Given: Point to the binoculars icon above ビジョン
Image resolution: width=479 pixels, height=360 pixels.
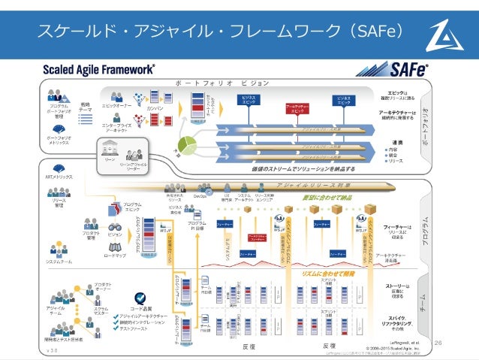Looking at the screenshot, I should tap(116, 225).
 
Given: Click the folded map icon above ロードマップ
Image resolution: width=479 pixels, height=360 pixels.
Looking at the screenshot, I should tap(115, 246).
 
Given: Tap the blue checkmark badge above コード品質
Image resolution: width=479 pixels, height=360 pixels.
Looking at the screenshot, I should tap(140, 298).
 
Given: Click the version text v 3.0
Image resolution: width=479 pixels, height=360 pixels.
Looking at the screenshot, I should tap(52, 349).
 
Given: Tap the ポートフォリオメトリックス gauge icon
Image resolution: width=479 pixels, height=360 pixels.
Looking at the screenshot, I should tap(57, 129).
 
